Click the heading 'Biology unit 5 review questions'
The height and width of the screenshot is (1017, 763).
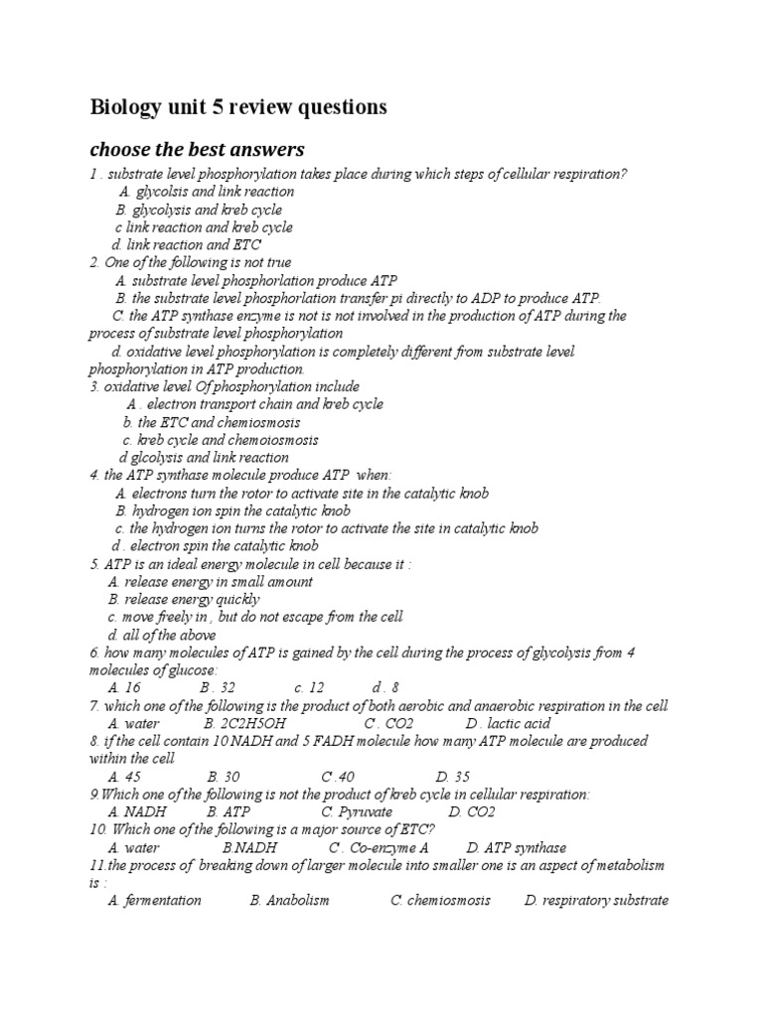(238, 107)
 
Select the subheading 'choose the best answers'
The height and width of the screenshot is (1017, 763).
(197, 150)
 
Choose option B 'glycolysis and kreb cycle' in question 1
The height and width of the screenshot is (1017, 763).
(199, 210)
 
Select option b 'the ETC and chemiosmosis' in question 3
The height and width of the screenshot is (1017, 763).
(212, 422)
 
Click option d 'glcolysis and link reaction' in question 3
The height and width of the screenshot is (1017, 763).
(204, 458)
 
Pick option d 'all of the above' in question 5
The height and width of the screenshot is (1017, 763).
(162, 635)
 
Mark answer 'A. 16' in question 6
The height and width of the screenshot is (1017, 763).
(124, 687)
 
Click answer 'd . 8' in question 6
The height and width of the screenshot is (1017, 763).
(385, 687)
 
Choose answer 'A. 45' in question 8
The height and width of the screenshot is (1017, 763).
(124, 777)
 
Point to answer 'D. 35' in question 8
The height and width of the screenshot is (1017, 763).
(453, 777)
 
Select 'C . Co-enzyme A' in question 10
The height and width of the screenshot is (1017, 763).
(379, 847)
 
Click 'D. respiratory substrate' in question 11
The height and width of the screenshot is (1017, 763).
(596, 900)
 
